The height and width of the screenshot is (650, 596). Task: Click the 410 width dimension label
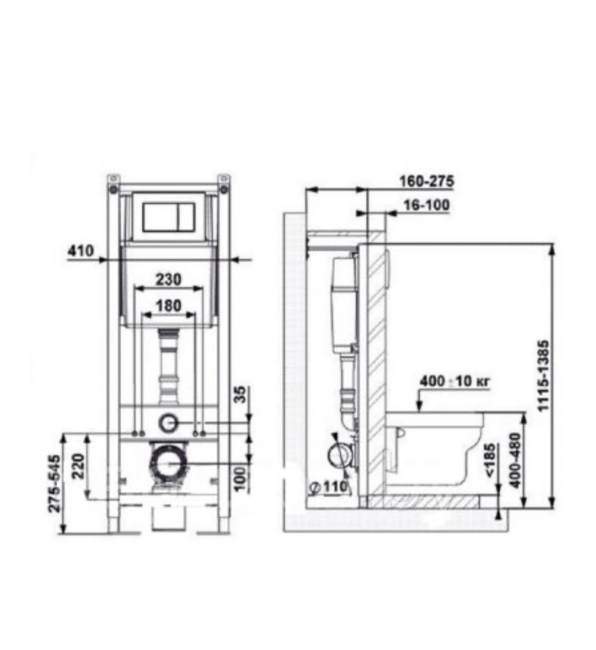point(81,251)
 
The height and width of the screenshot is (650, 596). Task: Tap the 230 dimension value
point(168,279)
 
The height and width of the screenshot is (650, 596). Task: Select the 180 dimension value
point(168,306)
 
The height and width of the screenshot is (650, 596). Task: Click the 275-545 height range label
point(54,484)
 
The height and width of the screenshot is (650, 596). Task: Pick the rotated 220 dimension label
point(78,466)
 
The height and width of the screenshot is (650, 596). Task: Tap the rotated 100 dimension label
point(240,479)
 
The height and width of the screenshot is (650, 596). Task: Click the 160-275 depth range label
point(427,181)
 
